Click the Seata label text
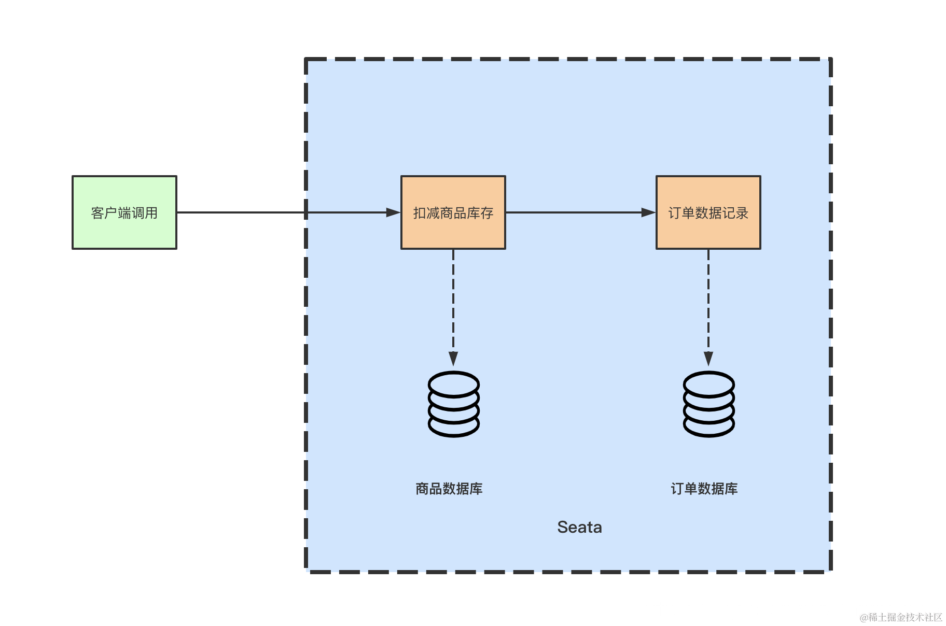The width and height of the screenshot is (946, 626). (579, 527)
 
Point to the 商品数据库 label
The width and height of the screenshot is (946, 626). (449, 489)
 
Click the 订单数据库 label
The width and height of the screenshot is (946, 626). (704, 489)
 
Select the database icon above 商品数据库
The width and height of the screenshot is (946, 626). (453, 404)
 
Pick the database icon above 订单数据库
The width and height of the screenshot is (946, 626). (708, 404)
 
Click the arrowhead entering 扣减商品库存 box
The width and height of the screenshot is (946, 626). (394, 212)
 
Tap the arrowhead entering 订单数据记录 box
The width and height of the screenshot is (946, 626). (649, 212)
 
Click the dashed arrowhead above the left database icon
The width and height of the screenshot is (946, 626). (453, 359)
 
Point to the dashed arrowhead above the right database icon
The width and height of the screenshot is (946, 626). (708, 359)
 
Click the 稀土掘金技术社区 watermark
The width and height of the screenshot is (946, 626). (901, 617)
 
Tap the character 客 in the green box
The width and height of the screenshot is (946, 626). (98, 213)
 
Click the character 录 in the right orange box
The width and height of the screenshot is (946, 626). (742, 213)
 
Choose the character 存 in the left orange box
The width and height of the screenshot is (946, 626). (487, 213)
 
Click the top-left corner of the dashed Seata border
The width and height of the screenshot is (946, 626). (307, 60)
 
